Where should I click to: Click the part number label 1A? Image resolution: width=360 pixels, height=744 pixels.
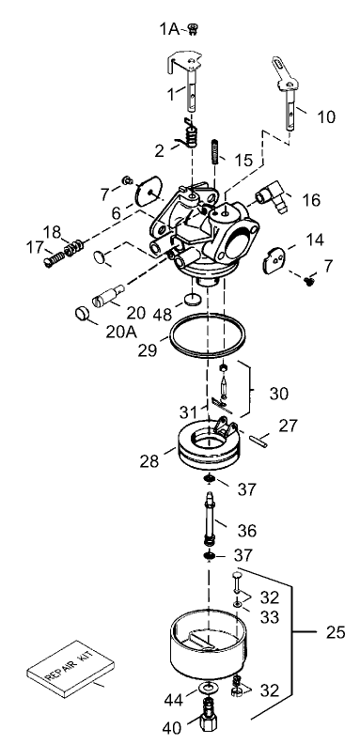coord(168,31)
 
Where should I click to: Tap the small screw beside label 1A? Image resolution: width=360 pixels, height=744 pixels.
coord(193,31)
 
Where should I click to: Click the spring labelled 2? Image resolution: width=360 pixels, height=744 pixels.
coord(192,139)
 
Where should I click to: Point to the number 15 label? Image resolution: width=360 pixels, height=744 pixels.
coord(243,161)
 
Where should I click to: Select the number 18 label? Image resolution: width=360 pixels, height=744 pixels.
coord(52,231)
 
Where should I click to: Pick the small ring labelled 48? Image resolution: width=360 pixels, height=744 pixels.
coord(191,300)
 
